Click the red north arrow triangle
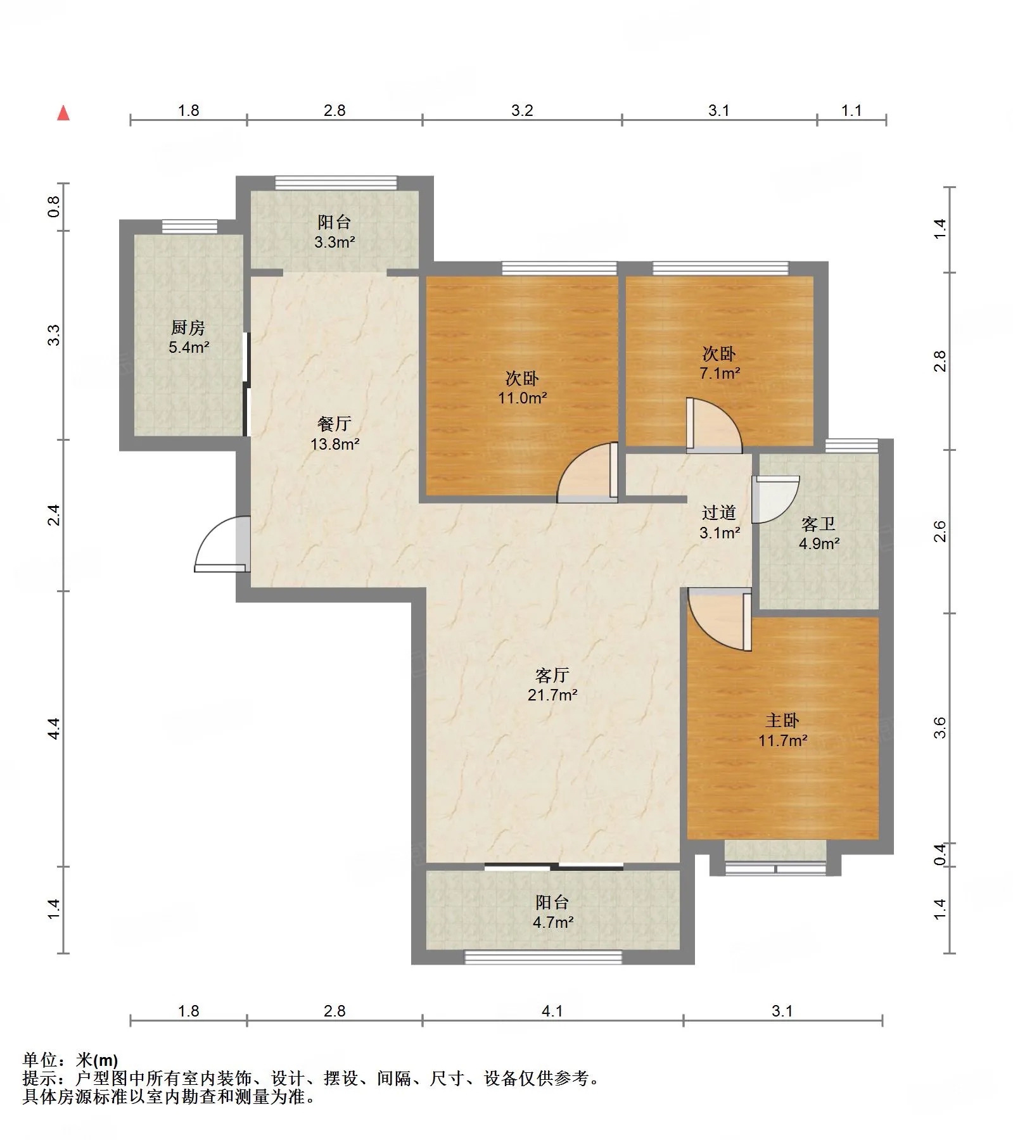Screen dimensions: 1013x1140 [x=63, y=113]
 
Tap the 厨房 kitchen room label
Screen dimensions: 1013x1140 [x=188, y=328]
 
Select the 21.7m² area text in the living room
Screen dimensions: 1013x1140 [x=552, y=695]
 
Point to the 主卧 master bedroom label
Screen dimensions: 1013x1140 [x=782, y=720]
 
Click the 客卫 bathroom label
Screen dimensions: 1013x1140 [x=819, y=524]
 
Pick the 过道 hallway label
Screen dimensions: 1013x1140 [x=719, y=512]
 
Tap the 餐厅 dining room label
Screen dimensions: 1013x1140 [x=334, y=424]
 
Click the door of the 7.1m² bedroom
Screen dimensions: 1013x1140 [x=714, y=426]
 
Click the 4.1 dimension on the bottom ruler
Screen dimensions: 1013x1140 [x=552, y=1011]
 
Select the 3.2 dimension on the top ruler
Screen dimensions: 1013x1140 [x=522, y=111]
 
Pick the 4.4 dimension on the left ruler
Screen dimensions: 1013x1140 [x=54, y=728]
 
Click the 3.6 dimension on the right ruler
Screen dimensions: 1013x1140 [x=940, y=727]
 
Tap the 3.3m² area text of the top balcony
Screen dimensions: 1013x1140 [x=334, y=241]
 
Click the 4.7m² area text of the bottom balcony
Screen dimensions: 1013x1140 [x=553, y=922]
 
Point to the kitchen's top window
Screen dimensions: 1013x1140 [x=189, y=226]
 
